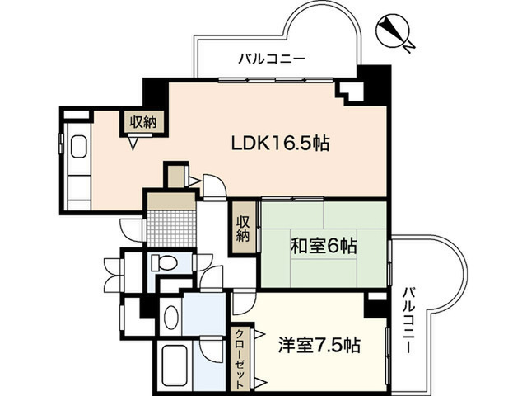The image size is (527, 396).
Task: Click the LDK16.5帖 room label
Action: pos(280,143)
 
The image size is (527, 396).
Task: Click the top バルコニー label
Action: pos(272,59)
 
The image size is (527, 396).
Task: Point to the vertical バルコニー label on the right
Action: pos(409,321)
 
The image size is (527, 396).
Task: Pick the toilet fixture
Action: pos(163,263)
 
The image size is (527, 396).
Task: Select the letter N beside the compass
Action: pos(409,47)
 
